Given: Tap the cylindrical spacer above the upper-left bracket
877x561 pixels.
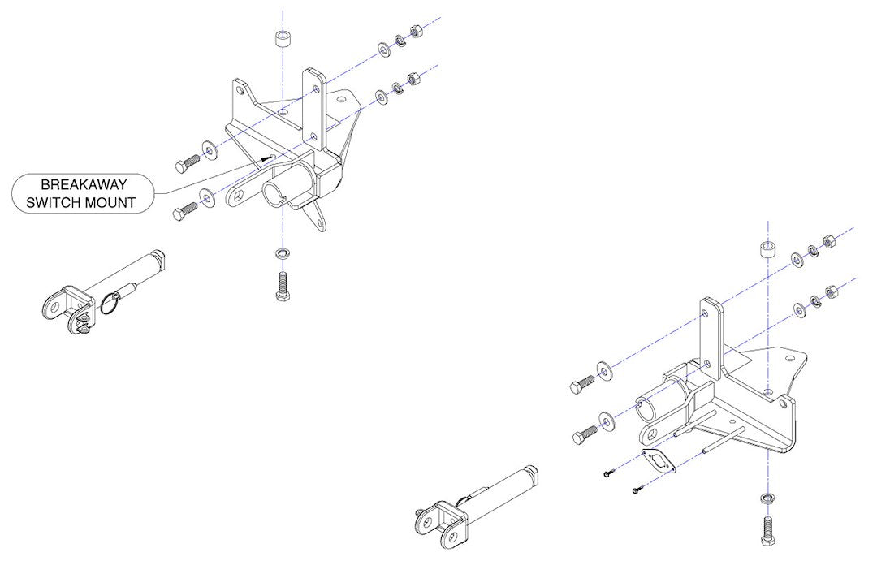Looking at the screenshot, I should pos(283,41).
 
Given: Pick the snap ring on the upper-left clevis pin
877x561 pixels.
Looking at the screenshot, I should pos(115,304).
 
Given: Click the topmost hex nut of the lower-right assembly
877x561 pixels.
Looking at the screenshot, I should pos(831,241).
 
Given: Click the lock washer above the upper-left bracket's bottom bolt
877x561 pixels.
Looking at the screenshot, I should pos(282,253).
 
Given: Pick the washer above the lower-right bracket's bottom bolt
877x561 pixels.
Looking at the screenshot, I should pos(767,496).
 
